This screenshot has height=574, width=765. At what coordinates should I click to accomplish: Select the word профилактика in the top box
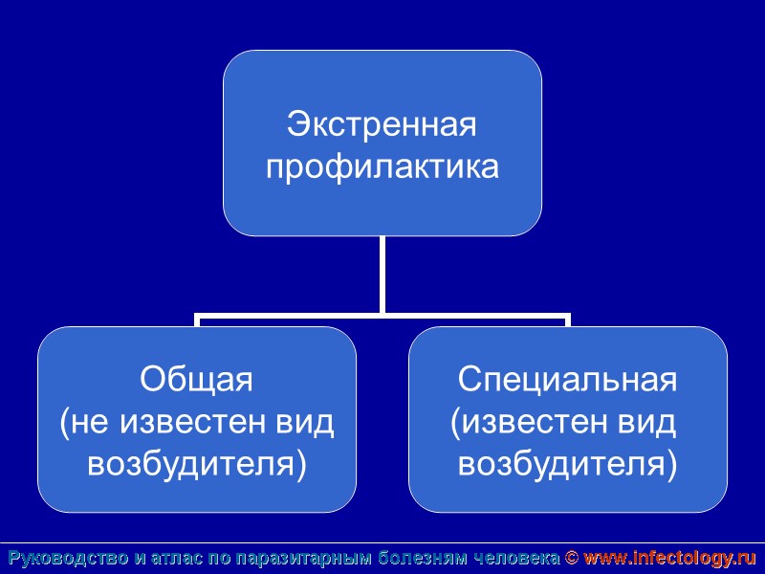pos(382,168)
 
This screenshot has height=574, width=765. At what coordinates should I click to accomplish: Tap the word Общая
pos(196,380)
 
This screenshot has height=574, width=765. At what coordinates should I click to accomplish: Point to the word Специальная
pos(568,380)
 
